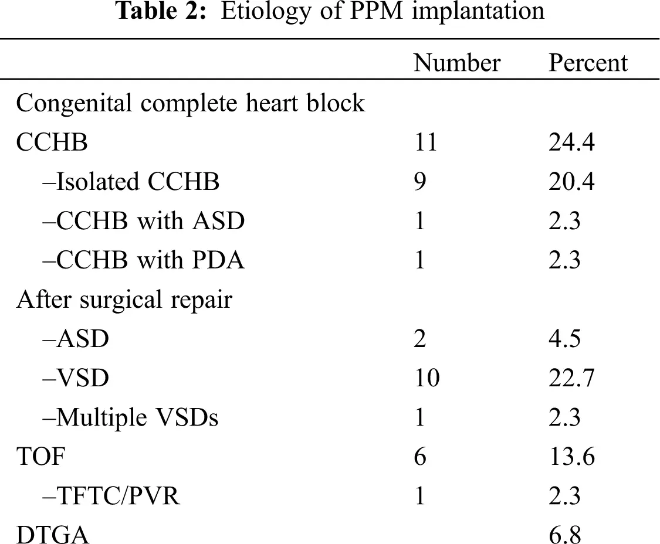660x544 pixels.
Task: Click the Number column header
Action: tap(456, 63)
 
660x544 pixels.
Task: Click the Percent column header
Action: tap(588, 63)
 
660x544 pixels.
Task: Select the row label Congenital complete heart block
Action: tap(191, 103)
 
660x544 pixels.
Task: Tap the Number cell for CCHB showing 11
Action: tap(425, 142)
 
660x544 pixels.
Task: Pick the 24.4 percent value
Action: tap(571, 142)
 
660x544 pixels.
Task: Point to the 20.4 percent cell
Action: tap(571, 182)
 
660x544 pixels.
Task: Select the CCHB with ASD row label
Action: tap(144, 221)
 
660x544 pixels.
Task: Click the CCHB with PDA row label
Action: tap(144, 260)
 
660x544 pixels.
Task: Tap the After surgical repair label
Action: tap(124, 300)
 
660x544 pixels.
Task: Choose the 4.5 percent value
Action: tap(564, 339)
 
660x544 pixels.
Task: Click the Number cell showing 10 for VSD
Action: tap(426, 378)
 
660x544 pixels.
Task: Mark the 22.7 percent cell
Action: tap(571, 378)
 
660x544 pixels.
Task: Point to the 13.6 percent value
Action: tap(571, 457)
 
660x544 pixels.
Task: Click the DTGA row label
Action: tap(53, 535)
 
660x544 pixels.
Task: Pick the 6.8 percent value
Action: tap(564, 535)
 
